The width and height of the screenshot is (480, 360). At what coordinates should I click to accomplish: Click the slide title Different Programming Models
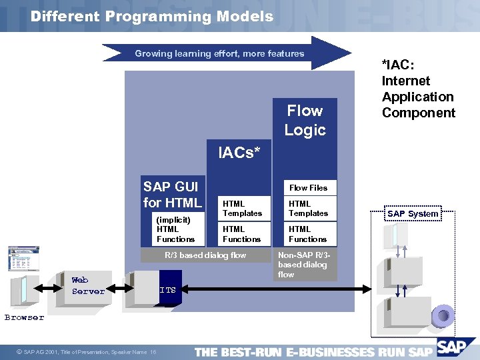pos(151,17)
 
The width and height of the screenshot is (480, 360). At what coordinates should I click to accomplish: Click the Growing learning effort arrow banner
pos(220,53)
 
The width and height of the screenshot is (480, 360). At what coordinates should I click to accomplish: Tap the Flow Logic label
pos(305,120)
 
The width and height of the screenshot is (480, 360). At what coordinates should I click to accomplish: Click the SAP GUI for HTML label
pos(172,195)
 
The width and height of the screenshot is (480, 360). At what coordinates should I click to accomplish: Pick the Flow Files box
pos(308,188)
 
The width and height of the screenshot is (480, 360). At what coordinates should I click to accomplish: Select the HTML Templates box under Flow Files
pos(308,209)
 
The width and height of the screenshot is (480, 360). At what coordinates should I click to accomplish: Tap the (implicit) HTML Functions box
pos(175,229)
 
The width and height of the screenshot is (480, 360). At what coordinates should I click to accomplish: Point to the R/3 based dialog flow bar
pos(205,255)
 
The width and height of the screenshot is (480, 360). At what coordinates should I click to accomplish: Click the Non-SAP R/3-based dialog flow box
pos(305,265)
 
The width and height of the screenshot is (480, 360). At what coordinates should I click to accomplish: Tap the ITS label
pos(167,290)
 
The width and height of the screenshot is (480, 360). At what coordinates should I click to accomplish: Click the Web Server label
pos(88,286)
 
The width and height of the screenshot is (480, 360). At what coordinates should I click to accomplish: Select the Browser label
pos(24,317)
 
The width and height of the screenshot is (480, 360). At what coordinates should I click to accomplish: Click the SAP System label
pos(413,214)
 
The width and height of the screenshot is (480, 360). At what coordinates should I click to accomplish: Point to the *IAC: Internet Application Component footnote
pos(418,89)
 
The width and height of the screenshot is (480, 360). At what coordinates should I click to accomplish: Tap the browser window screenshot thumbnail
pos(23,259)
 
